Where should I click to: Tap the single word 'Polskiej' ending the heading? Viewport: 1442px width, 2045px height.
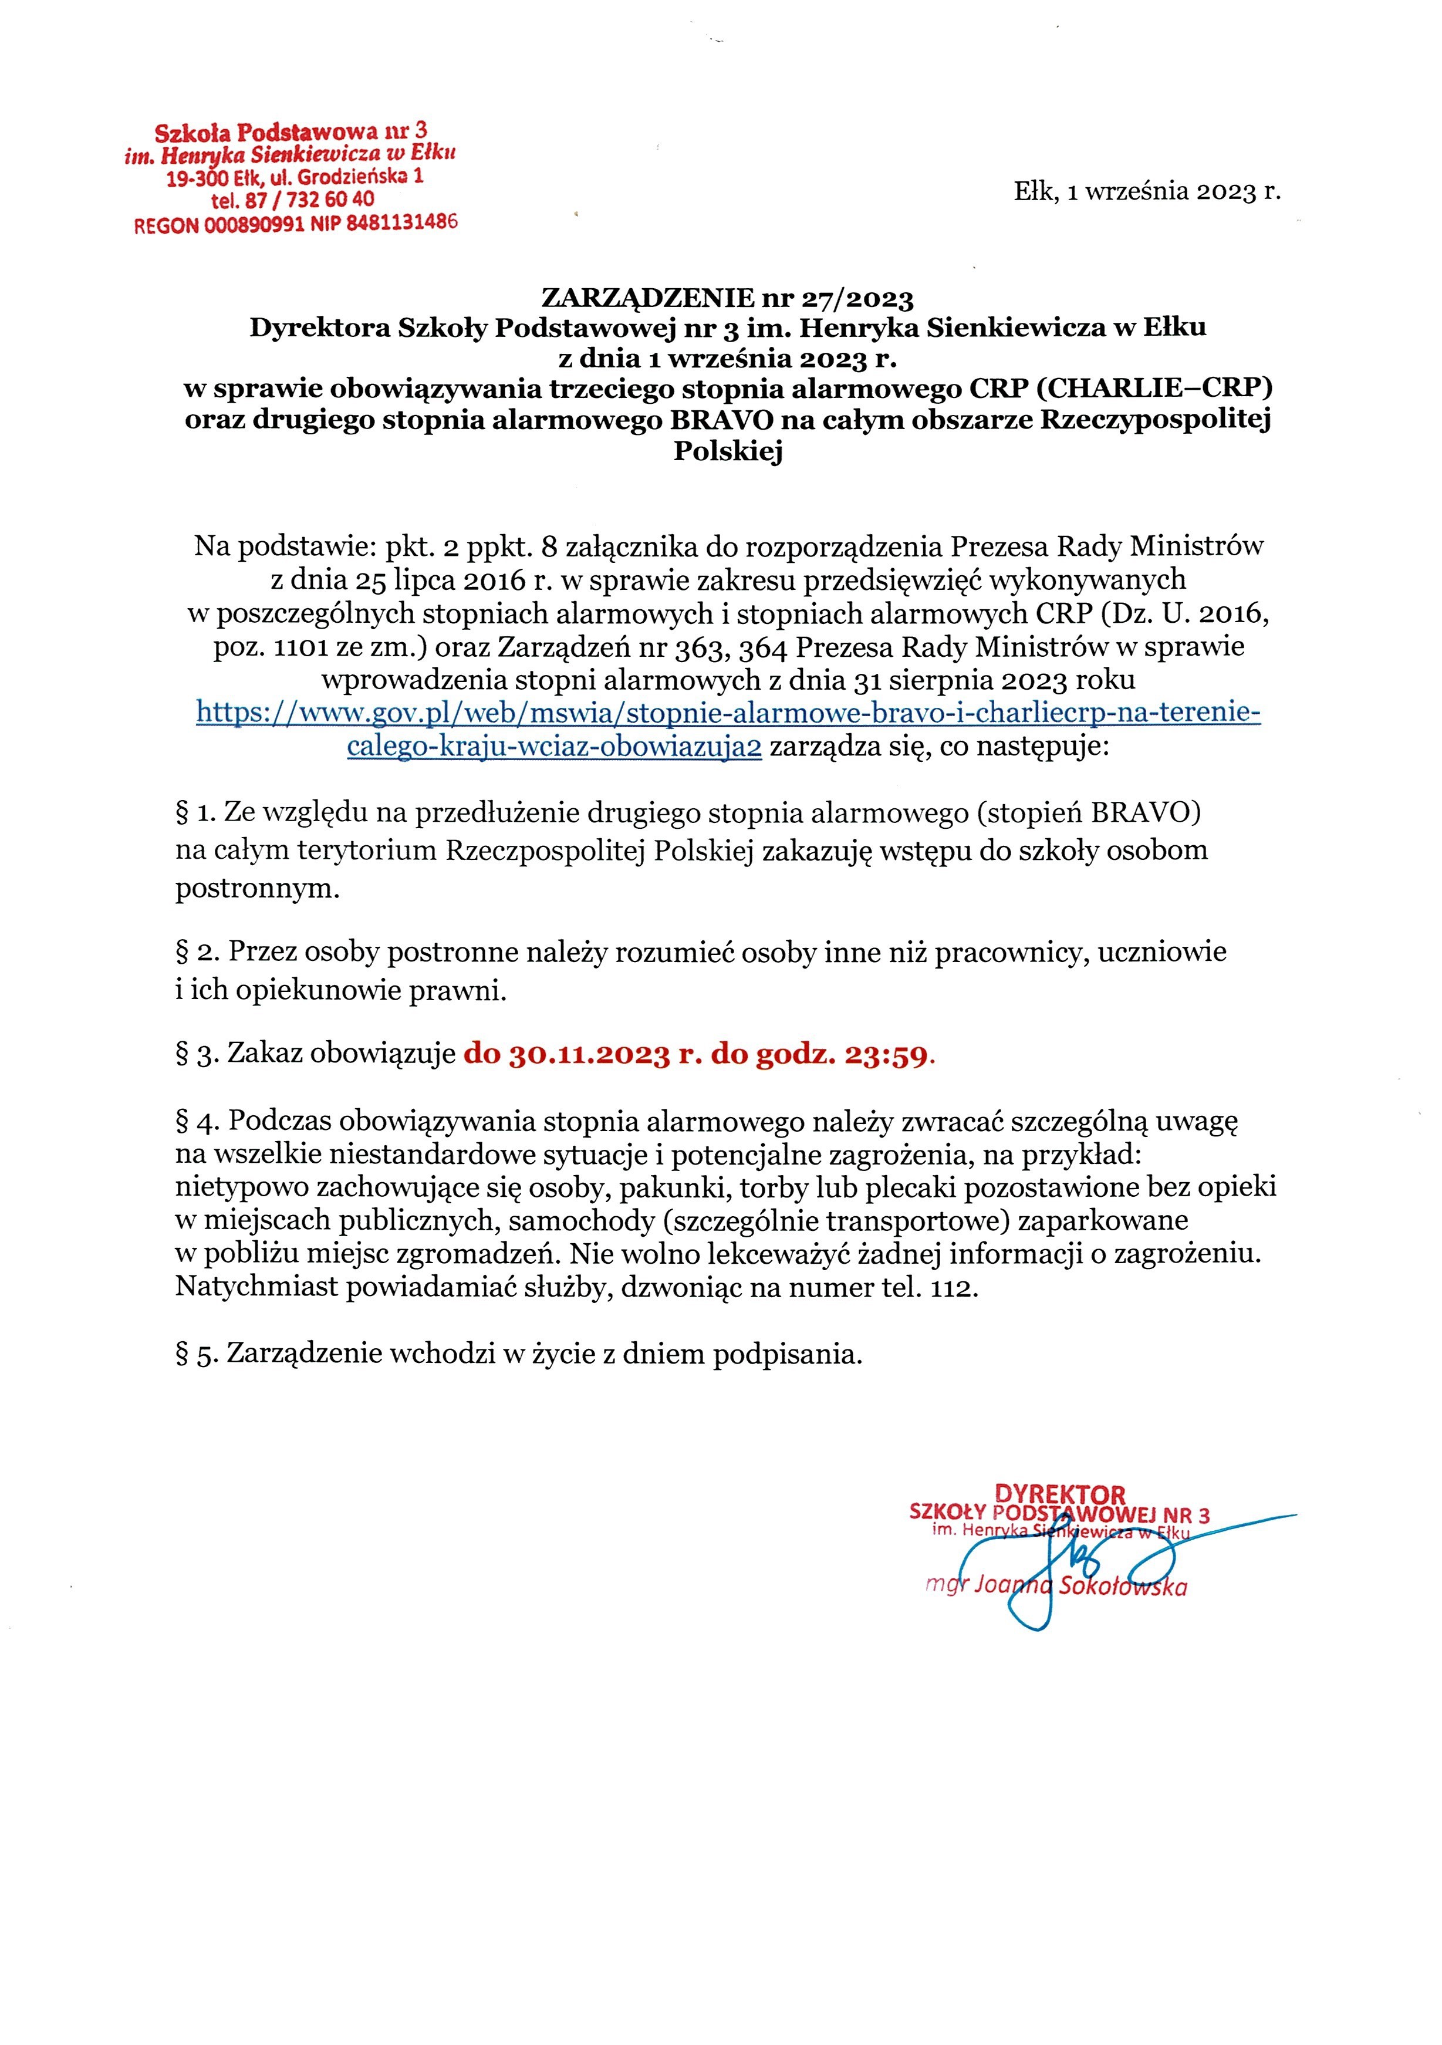[x=728, y=451]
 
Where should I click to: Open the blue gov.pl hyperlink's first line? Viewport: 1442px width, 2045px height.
[x=728, y=713]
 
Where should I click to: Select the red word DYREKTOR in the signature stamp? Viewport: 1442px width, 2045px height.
[x=1060, y=1494]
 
